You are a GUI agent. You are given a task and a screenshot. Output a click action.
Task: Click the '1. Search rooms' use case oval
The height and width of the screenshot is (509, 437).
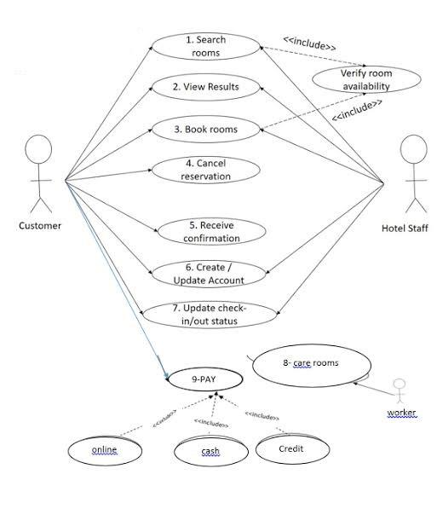204,46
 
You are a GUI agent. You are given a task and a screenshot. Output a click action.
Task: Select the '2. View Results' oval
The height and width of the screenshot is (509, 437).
204,86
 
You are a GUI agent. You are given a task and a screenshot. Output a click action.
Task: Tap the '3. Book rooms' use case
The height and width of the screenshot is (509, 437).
204,130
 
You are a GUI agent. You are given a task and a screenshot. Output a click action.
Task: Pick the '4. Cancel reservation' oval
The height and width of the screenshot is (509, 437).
204,169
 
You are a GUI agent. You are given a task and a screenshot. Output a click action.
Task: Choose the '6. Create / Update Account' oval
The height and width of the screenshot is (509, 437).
208,274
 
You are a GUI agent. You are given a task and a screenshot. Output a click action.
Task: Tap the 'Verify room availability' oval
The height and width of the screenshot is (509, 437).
365,79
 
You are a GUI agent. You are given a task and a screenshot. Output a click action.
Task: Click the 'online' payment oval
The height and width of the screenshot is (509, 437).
105,449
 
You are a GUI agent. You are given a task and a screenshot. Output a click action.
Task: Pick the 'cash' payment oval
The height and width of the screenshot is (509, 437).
210,451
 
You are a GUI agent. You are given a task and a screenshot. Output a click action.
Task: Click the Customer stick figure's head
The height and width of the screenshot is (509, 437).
39,151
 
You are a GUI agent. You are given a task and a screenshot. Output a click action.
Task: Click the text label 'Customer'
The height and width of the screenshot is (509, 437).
40,226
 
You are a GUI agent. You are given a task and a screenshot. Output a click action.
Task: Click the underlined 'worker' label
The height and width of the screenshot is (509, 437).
402,414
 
